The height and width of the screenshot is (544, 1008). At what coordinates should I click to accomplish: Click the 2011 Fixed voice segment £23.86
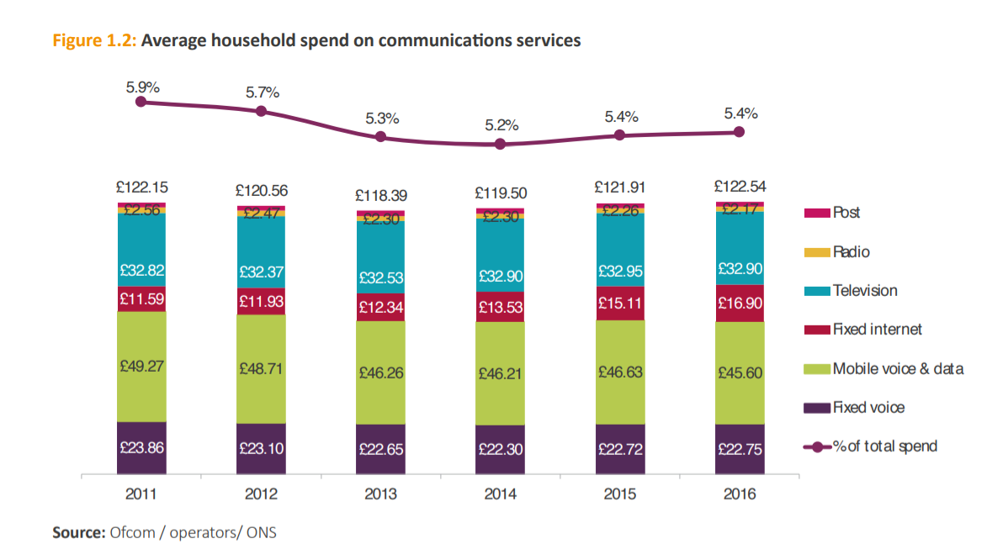click(141, 448)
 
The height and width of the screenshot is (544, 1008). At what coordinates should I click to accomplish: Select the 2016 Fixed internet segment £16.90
click(739, 303)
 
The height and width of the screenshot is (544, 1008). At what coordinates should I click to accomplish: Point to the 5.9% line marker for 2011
click(141, 102)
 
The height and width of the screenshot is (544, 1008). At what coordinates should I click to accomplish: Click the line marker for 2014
click(500, 144)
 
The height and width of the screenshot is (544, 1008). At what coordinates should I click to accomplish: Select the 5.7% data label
click(263, 92)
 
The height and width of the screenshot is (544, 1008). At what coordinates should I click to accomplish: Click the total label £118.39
click(380, 194)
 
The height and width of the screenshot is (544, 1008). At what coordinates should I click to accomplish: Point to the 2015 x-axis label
click(619, 494)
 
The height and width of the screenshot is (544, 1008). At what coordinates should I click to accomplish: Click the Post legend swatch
click(817, 214)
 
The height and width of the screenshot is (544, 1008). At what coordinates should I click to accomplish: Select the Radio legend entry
click(851, 251)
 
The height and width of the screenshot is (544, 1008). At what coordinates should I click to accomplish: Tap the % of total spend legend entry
click(884, 446)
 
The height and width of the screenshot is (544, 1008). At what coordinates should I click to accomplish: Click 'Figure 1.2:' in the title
click(95, 40)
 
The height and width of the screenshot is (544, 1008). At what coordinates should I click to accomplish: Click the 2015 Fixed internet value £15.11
click(619, 302)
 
